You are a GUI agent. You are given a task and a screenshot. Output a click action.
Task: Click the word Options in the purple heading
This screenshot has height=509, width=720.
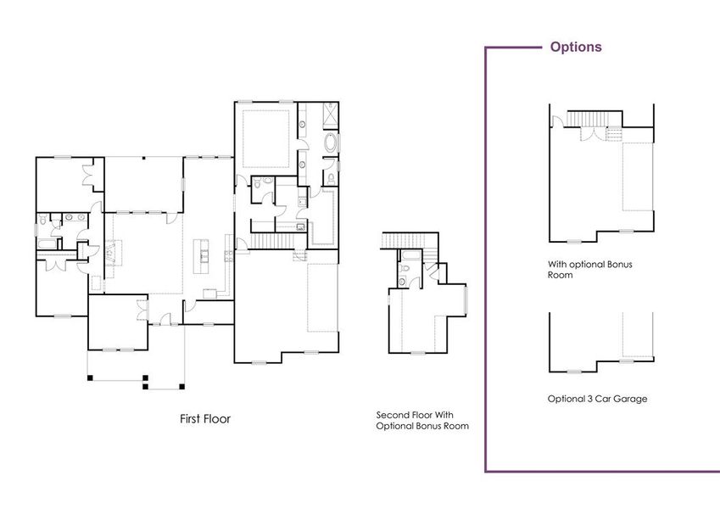tap(576, 47)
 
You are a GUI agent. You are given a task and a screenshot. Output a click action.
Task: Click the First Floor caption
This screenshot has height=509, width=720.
tap(204, 419)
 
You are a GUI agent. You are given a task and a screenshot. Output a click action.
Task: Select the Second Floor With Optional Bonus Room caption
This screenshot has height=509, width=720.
tap(422, 421)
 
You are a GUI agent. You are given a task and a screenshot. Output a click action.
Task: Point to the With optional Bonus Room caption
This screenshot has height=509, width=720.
tap(589, 270)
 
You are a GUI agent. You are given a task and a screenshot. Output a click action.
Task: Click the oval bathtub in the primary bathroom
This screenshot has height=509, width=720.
tap(330, 143)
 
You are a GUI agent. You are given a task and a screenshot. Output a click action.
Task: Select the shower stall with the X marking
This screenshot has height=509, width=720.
tap(330, 114)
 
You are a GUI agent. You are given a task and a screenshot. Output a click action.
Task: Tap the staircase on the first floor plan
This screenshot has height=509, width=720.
tap(271, 243)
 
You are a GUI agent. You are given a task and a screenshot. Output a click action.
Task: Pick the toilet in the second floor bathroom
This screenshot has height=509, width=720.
tap(405, 271)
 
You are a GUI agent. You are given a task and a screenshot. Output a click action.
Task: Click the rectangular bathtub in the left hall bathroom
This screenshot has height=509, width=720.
tap(47, 244)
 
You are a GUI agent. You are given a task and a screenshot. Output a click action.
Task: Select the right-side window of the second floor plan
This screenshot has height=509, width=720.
tap(466, 301)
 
